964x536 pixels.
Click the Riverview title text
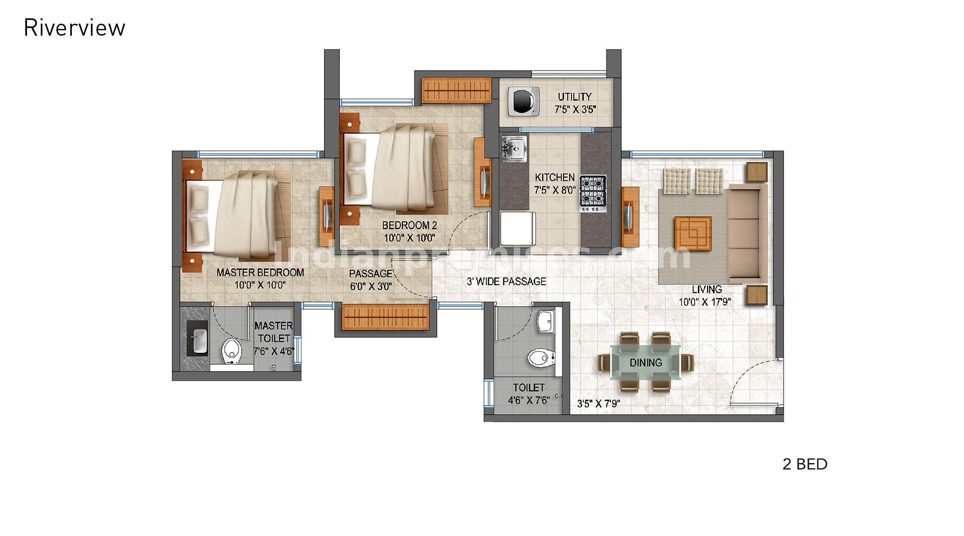coord(74,28)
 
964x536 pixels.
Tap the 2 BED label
coord(805,464)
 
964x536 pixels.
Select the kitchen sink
coord(514,149)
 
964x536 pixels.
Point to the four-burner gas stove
coord(592,193)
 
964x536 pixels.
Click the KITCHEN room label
coord(554,178)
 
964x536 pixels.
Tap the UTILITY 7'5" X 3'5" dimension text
coord(575,110)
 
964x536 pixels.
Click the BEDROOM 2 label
coord(409,225)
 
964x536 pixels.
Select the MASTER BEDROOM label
coord(260,273)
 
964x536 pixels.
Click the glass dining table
coord(646,362)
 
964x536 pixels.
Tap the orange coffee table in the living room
coord(693,233)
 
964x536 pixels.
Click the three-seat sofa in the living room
coord(747,233)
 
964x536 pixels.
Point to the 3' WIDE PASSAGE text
coord(506,281)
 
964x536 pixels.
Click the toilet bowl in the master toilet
coord(232,350)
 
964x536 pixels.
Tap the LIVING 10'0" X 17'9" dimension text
coord(705,302)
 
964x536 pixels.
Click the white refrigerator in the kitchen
coord(518,229)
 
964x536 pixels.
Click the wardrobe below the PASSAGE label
coord(386,317)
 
